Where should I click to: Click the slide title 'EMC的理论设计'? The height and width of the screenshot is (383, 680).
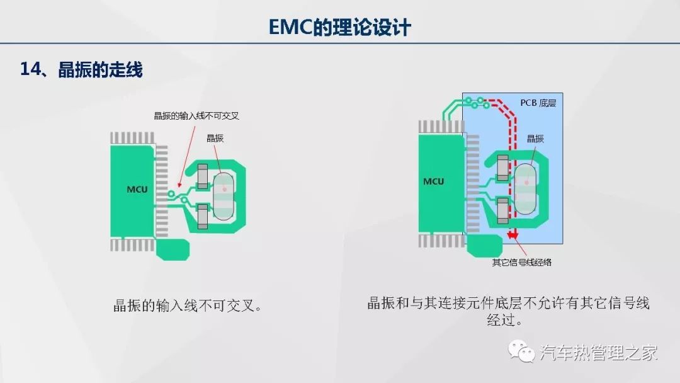[x=339, y=27]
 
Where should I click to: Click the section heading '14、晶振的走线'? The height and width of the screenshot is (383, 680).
[x=81, y=69]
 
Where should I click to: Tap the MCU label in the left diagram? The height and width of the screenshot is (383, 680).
[x=137, y=188]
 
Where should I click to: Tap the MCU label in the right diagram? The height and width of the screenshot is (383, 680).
[x=433, y=181]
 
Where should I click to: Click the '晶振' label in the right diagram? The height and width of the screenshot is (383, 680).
[x=535, y=139]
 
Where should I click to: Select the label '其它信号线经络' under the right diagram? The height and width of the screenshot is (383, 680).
[x=522, y=261]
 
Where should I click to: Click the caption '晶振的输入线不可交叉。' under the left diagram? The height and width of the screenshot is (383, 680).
[x=186, y=307]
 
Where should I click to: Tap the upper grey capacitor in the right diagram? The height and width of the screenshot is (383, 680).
[x=502, y=166]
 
